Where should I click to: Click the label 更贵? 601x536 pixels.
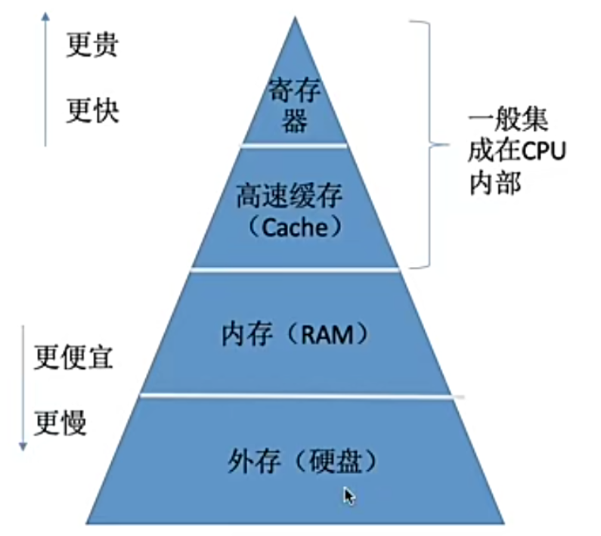click(x=92, y=45)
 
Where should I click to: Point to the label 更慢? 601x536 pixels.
click(x=60, y=421)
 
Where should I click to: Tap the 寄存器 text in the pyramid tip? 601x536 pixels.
click(x=295, y=105)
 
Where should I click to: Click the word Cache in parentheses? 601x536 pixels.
click(x=295, y=227)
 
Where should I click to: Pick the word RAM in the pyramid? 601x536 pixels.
click(x=327, y=334)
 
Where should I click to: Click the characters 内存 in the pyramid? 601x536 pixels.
click(x=247, y=334)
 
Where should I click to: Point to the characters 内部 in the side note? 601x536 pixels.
click(x=495, y=184)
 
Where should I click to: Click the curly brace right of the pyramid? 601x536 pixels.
click(x=428, y=144)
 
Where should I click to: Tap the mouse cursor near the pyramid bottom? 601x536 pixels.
click(x=348, y=495)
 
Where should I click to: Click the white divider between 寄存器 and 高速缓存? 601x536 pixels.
click(x=295, y=144)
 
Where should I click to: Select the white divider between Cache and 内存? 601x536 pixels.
click(x=295, y=268)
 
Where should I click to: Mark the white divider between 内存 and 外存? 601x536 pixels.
click(x=299, y=395)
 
